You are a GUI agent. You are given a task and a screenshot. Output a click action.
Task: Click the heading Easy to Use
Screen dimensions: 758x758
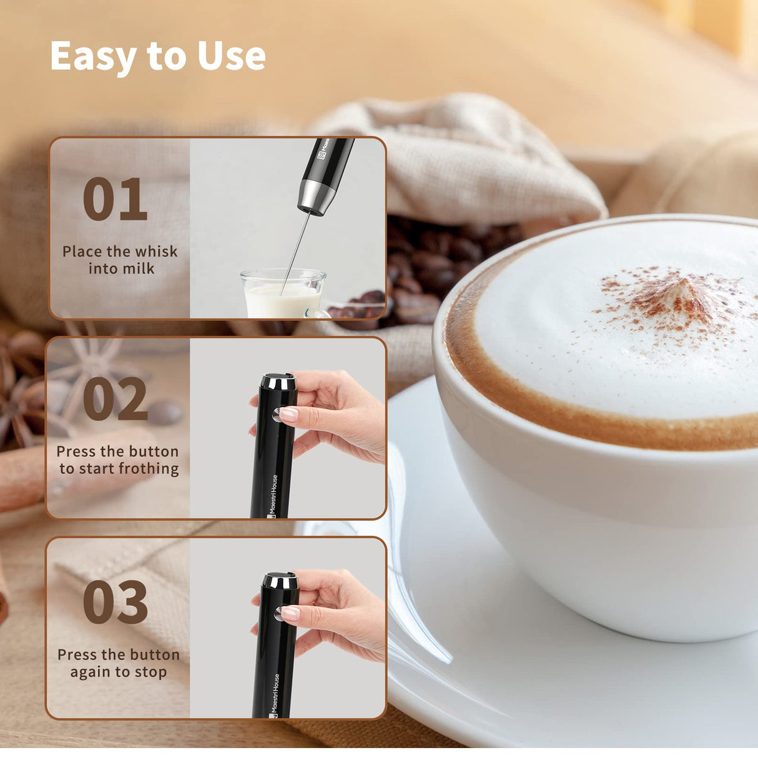[x=158, y=56]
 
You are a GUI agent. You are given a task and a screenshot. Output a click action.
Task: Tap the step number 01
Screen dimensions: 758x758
[x=115, y=199]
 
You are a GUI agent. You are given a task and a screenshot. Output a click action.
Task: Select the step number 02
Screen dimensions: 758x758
[x=115, y=399]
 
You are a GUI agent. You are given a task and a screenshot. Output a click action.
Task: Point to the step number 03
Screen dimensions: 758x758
[x=116, y=602]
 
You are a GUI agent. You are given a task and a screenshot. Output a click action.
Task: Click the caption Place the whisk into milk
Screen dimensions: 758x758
[x=120, y=260]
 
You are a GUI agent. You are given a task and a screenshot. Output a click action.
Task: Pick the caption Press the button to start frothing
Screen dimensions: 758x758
[x=118, y=460]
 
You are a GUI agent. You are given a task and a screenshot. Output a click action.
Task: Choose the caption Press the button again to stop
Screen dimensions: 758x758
[x=118, y=663]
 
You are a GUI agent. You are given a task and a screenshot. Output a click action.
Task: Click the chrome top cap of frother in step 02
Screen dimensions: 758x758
[x=278, y=381]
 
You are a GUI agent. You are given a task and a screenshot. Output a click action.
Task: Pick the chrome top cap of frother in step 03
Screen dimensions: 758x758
[x=279, y=581]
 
